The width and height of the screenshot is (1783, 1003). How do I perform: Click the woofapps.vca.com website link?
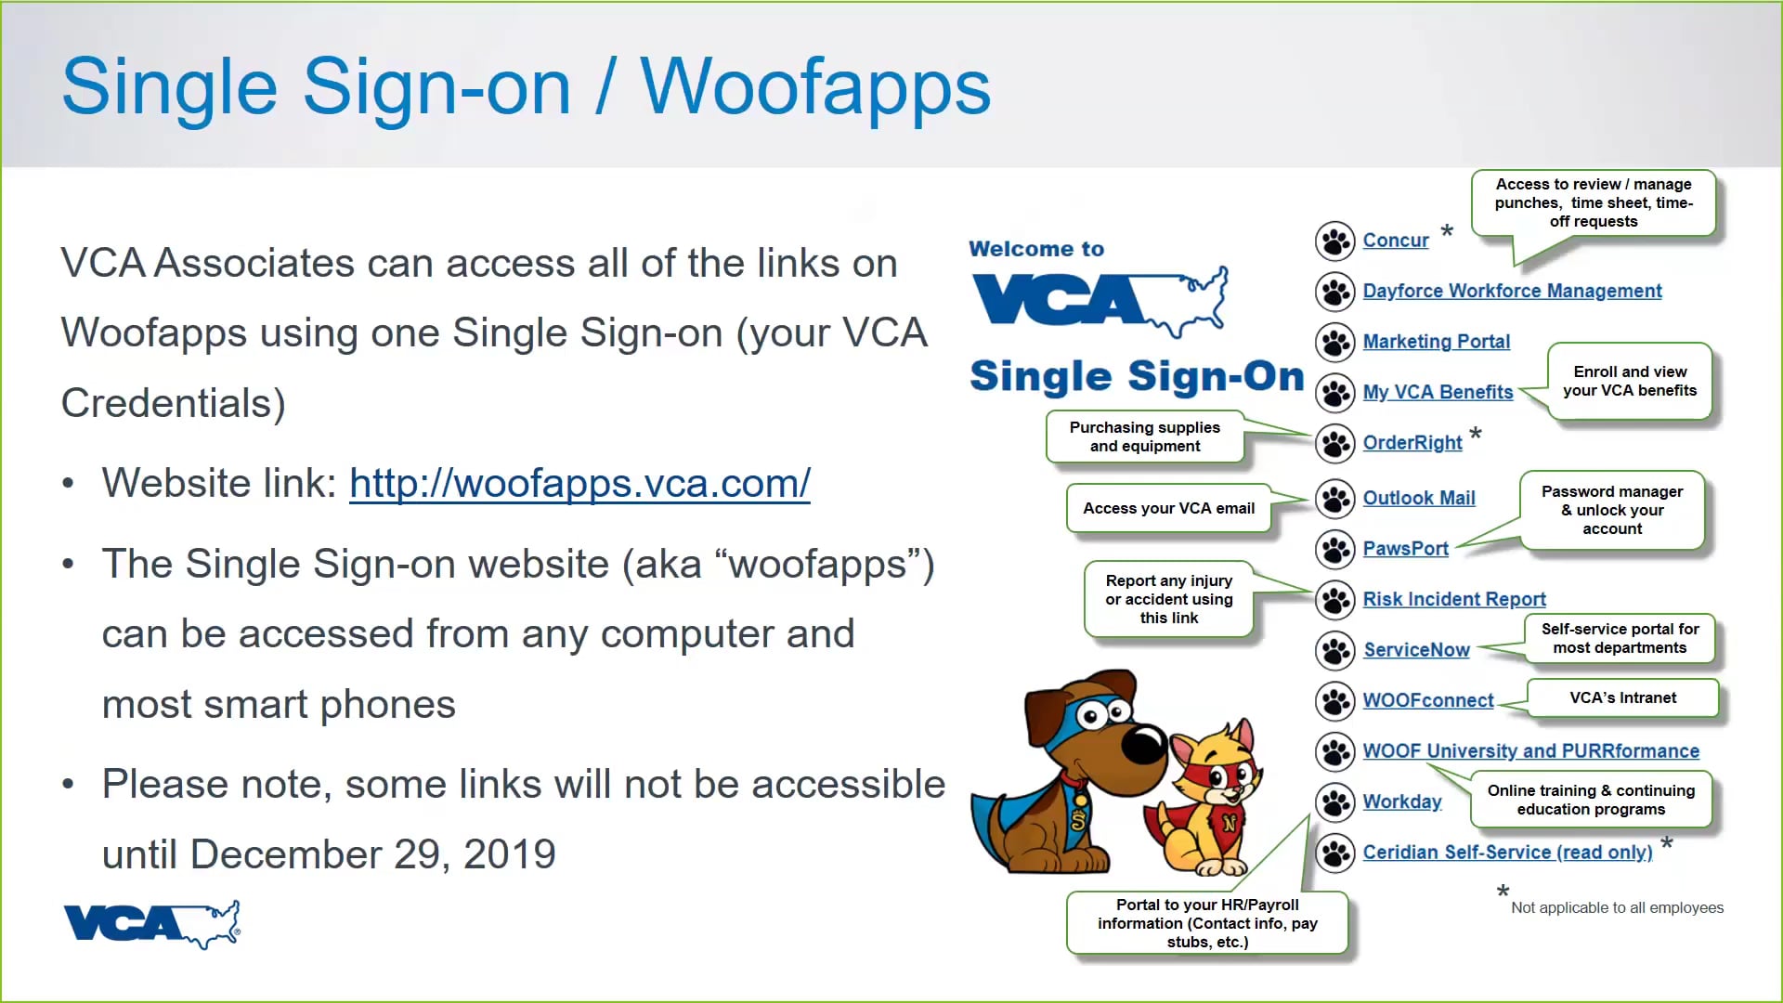pyautogui.click(x=579, y=484)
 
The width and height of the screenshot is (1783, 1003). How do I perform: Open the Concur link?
pyautogui.click(x=1395, y=241)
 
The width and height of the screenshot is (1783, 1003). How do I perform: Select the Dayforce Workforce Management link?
pyautogui.click(x=1512, y=292)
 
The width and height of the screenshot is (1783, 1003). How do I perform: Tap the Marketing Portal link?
pyautogui.click(x=1436, y=342)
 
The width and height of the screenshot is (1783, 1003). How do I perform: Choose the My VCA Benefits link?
pyautogui.click(x=1438, y=393)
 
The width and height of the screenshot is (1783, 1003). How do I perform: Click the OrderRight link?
pyautogui.click(x=1412, y=443)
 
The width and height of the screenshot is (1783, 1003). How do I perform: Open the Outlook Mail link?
pyautogui.click(x=1418, y=499)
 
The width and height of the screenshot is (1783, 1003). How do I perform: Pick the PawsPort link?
pyautogui.click(x=1405, y=549)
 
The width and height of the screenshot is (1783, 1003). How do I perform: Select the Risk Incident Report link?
pyautogui.click(x=1453, y=600)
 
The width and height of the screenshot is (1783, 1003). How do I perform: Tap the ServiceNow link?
pyautogui.click(x=1416, y=650)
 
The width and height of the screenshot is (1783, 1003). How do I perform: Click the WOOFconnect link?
pyautogui.click(x=1427, y=701)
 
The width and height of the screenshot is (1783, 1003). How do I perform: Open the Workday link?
pyautogui.click(x=1401, y=802)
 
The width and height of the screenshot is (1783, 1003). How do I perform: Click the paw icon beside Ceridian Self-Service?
pyautogui.click(x=1335, y=853)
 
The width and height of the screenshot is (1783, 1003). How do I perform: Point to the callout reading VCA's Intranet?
pyautogui.click(x=1622, y=698)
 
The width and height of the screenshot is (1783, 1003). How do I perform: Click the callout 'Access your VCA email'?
pyautogui.click(x=1168, y=509)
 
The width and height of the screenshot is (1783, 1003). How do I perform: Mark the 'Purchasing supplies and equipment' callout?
pyautogui.click(x=1144, y=436)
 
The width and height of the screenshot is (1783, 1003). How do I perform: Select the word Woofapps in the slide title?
pyautogui.click(x=814, y=87)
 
